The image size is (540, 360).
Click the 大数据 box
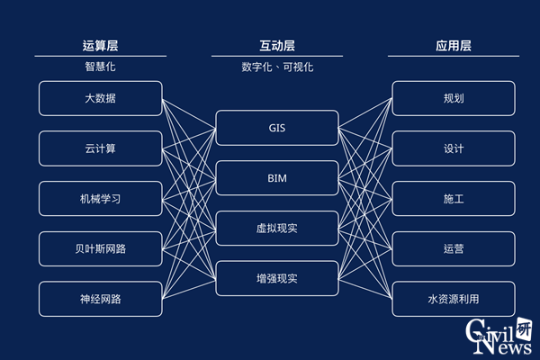tap(101, 98)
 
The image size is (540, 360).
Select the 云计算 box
tap(101, 148)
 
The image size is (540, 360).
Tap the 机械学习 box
tap(101, 199)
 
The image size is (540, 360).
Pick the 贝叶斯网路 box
tap(101, 248)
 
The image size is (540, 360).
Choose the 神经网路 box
tap(101, 299)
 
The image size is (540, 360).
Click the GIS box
tap(277, 128)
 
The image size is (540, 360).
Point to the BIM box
tap(277, 178)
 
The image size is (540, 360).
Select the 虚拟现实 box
tap(277, 229)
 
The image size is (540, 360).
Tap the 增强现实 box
tap(277, 279)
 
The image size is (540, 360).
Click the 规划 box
tap(454, 98)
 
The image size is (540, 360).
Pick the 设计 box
tap(454, 148)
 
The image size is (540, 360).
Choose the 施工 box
tap(454, 199)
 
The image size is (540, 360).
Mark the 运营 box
tap(454, 248)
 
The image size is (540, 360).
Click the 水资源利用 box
tap(454, 299)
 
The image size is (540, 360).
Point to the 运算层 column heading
tap(101, 46)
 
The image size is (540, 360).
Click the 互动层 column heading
tap(277, 46)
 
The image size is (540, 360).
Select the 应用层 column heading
tap(454, 46)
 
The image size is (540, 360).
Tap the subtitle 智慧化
tap(101, 67)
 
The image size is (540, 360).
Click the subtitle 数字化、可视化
tap(277, 67)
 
